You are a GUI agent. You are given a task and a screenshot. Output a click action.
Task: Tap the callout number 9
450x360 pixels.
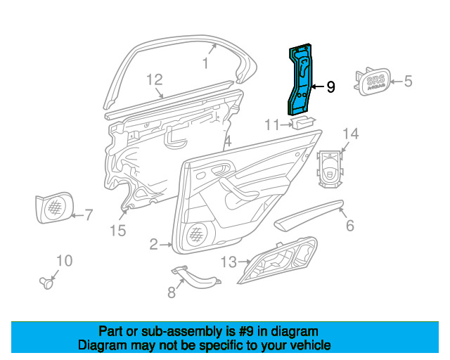tap(330, 86)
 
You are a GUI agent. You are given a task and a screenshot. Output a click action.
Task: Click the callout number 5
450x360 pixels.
tap(408, 82)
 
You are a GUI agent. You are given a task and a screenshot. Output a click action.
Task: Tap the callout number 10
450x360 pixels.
tap(65, 261)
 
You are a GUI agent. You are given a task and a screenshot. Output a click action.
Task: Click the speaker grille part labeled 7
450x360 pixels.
tap(54, 207)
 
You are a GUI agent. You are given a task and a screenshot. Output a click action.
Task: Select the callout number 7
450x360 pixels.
tap(89, 214)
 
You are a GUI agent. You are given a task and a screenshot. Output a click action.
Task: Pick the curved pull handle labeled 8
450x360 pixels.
tap(196, 276)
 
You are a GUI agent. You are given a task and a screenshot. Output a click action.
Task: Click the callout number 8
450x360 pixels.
tap(172, 292)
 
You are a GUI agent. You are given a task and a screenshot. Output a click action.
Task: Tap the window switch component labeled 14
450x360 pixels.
tap(330, 169)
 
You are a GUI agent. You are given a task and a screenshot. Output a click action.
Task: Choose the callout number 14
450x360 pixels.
tap(351, 134)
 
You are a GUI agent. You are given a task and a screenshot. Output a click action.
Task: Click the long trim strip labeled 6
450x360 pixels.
tap(309, 214)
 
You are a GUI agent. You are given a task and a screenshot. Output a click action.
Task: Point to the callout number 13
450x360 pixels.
tap(229, 262)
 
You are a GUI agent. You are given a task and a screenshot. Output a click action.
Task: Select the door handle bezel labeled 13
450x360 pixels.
tap(277, 260)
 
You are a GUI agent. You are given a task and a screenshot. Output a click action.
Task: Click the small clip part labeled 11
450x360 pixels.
tap(303, 122)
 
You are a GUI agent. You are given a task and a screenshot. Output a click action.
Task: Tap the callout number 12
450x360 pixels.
tap(155, 80)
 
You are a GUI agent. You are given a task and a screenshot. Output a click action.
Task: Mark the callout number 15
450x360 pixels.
tap(118, 231)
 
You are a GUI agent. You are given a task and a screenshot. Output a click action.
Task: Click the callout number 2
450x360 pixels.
tap(154, 245)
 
